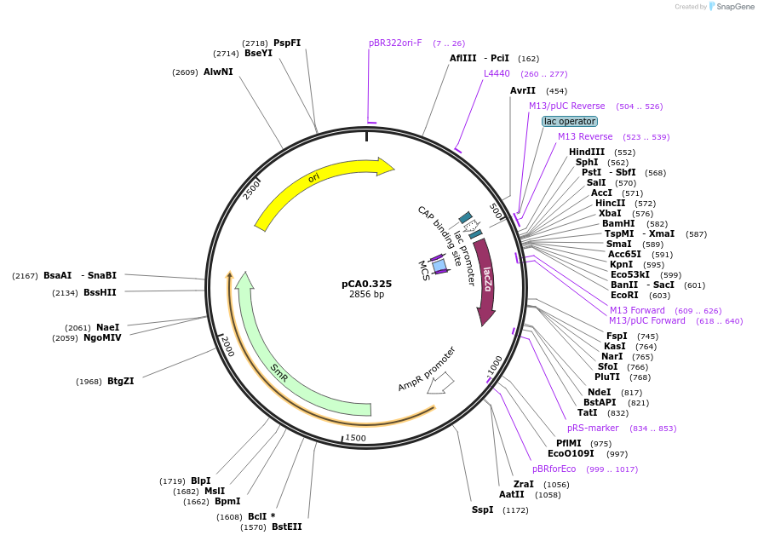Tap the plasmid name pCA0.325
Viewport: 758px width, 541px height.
point(366,284)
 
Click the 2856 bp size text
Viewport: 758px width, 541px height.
point(366,295)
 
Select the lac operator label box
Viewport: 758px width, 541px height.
point(569,121)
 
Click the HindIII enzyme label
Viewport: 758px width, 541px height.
point(586,152)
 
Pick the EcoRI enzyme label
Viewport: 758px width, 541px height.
point(623,295)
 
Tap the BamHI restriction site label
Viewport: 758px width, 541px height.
point(618,223)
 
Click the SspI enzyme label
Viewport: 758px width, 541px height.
point(482,509)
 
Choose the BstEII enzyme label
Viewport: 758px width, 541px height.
point(286,527)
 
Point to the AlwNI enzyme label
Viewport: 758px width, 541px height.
point(218,72)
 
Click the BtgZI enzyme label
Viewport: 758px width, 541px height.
point(120,381)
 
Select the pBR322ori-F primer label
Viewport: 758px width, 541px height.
point(395,43)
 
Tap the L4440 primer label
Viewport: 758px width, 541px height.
point(497,73)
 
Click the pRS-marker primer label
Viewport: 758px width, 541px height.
point(593,428)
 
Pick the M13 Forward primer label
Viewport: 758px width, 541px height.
point(637,310)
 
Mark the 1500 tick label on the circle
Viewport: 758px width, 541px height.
point(355,438)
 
